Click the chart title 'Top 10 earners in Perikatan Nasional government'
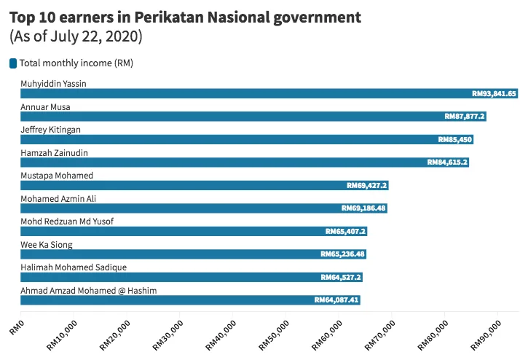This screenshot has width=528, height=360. (x=184, y=15)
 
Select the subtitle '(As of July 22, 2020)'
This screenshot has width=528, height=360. (x=75, y=36)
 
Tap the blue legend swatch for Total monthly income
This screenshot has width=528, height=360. (x=13, y=63)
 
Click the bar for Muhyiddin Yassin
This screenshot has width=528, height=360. (x=240, y=93)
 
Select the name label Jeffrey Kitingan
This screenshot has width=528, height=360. (x=50, y=130)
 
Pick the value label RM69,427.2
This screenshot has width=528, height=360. (x=366, y=186)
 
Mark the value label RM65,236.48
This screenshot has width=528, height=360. (x=343, y=254)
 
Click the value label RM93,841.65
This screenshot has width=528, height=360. (x=494, y=93)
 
